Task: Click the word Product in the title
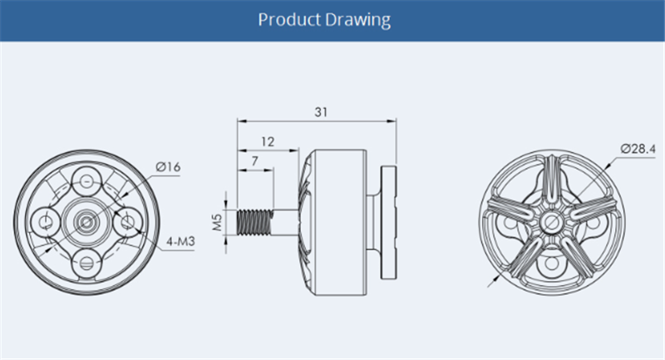(289, 20)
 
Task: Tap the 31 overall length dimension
(321, 112)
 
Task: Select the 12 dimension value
(268, 141)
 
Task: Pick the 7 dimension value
(255, 161)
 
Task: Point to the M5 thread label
(217, 222)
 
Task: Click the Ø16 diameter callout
(168, 167)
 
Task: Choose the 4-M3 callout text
(180, 242)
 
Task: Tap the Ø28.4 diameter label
(638, 149)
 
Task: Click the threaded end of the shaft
(254, 222)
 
